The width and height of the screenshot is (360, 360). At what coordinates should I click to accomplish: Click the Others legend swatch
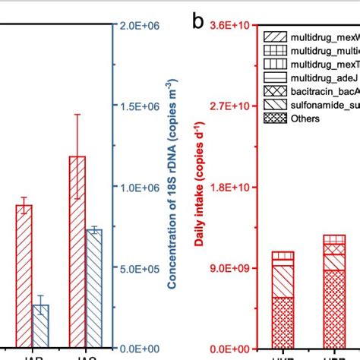point(273,118)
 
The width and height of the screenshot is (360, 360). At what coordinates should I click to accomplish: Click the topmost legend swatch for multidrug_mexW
point(273,36)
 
